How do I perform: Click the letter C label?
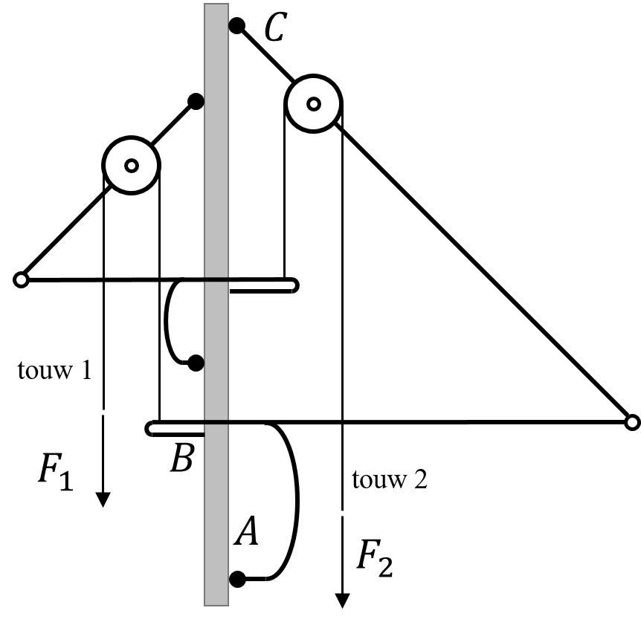coord(276,27)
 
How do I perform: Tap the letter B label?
coord(182,458)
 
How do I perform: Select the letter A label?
coord(246,531)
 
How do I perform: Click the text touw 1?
coord(55,371)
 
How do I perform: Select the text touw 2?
coord(390,479)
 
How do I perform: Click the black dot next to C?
coord(237,26)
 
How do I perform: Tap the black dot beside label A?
coord(237,579)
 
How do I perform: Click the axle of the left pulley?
coord(131,166)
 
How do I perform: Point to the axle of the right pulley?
coord(314,104)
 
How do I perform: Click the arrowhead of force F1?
coord(103,499)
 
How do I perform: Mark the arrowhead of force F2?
coord(342,601)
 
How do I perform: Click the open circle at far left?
coord(21,280)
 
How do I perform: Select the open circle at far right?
coord(632,422)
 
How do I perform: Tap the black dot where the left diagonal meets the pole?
coord(196,101)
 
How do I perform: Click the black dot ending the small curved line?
coord(196,363)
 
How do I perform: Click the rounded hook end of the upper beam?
coord(294,285)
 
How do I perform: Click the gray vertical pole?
coord(216,305)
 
